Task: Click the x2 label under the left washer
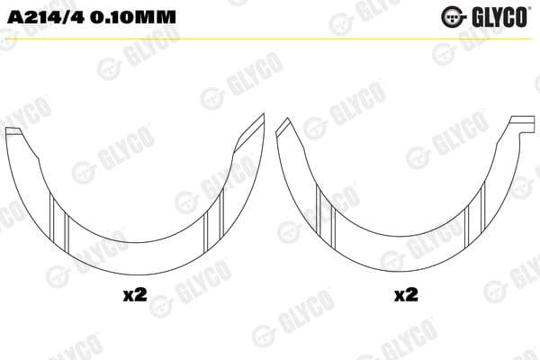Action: click(134, 296)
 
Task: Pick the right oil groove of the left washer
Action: click(211, 224)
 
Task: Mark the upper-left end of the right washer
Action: click(282, 126)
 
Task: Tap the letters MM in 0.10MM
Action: click(157, 17)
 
